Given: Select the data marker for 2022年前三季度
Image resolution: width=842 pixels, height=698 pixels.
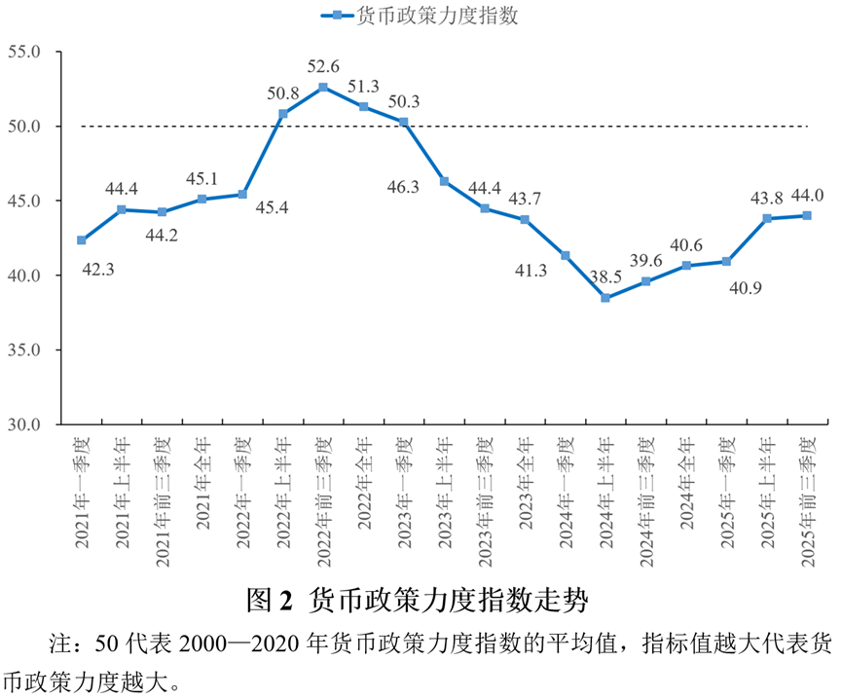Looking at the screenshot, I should point(323,88).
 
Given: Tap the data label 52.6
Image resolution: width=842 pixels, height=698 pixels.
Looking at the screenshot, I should point(323,67).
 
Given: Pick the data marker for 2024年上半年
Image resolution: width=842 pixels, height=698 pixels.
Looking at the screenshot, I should point(605,298).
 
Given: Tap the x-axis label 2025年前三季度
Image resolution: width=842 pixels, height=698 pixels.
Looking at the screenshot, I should point(807,496).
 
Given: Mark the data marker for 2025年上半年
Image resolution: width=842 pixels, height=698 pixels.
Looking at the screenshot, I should point(767,218).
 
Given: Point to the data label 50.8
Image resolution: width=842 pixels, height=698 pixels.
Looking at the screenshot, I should point(282,93).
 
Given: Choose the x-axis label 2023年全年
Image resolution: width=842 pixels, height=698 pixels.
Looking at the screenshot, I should point(525,484).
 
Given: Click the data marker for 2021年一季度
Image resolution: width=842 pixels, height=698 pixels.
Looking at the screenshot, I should point(82,240).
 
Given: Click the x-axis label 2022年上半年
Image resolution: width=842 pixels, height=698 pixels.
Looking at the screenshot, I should point(283,484).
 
